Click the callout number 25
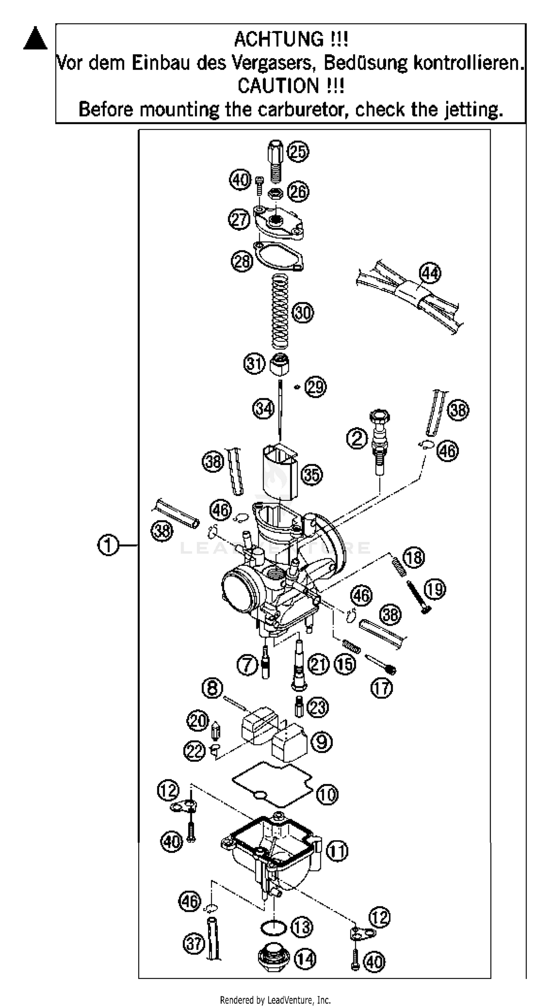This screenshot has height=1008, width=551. (298, 151)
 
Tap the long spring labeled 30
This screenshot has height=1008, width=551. (280, 311)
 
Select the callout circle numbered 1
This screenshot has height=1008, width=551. (108, 545)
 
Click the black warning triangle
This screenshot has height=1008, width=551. (35, 39)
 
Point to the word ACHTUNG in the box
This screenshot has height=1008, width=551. (279, 39)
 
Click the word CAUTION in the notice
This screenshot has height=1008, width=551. (279, 86)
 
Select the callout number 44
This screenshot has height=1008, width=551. (430, 273)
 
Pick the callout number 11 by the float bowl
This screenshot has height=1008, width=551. (337, 851)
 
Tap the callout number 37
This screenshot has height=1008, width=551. (194, 943)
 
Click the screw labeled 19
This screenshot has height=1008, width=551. (418, 597)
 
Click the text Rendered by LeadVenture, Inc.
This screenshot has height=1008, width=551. (275, 1000)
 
